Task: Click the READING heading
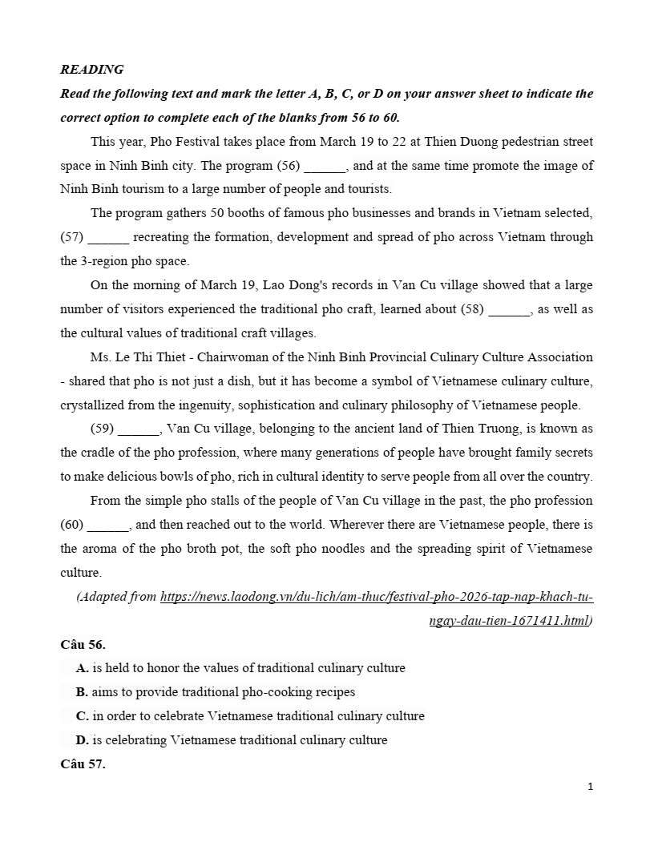pos(91,70)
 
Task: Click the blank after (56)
pos(325,167)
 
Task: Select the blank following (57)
pos(107,238)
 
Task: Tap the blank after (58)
pos(509,310)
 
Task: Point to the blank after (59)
pos(139,429)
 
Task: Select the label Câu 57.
pos(83,764)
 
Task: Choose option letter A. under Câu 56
pos(82,668)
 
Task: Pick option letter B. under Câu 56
pos(82,692)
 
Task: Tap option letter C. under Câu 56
pos(82,716)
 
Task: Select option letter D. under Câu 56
pos(82,740)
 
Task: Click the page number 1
pos(590,787)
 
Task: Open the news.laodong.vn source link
pos(377,598)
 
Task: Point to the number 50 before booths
pos(217,214)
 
